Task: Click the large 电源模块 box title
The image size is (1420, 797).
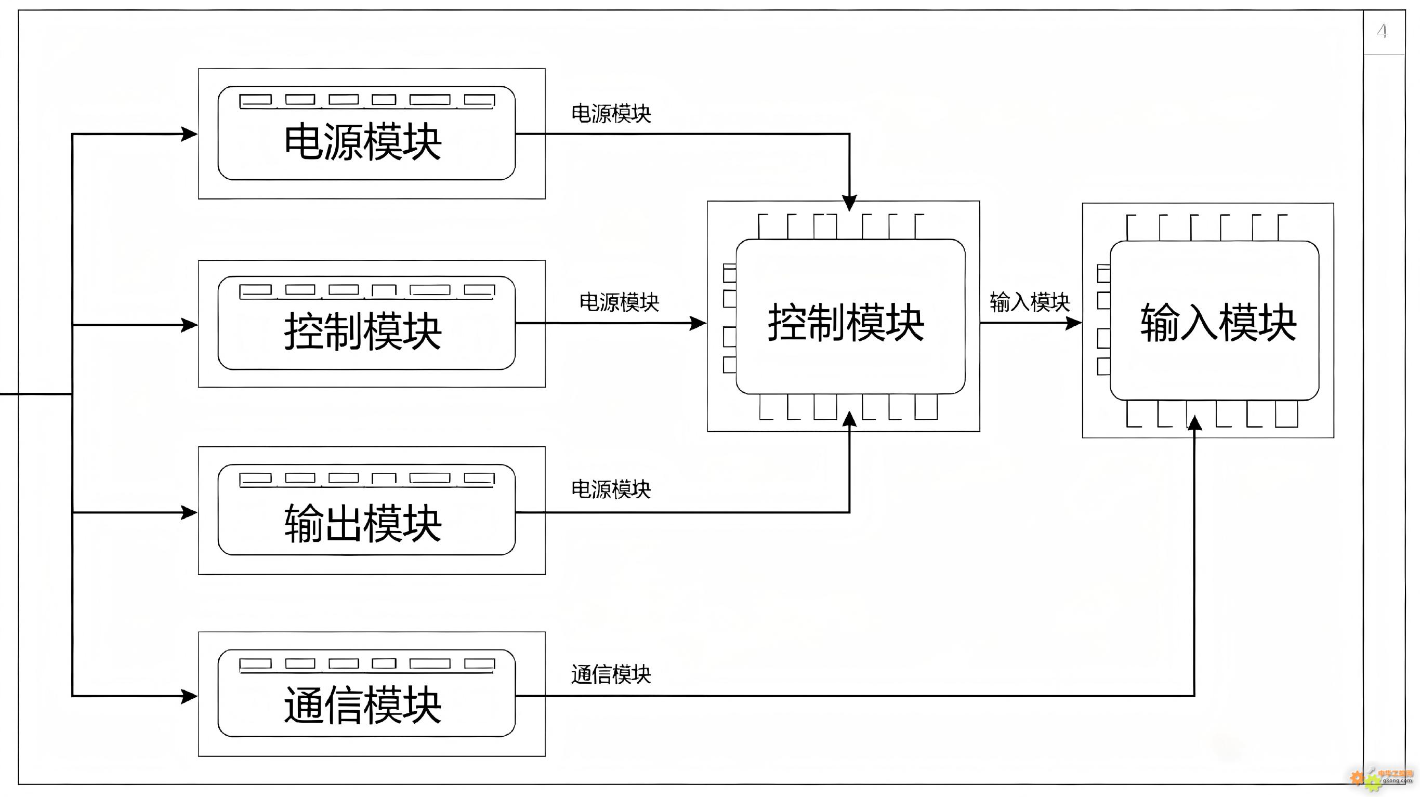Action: pyautogui.click(x=363, y=142)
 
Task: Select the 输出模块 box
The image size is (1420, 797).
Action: pyautogui.click(x=372, y=510)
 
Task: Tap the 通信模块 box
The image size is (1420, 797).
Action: pyautogui.click(x=372, y=694)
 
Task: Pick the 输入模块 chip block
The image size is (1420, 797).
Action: pyautogui.click(x=1208, y=320)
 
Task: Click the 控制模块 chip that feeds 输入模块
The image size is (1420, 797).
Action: pyautogui.click(x=844, y=316)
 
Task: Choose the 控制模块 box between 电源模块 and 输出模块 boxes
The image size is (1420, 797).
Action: pyautogui.click(x=372, y=324)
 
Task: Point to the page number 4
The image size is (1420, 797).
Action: pyautogui.click(x=1382, y=31)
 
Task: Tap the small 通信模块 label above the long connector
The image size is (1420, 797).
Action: pyautogui.click(x=611, y=674)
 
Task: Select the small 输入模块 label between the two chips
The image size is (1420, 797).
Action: pyautogui.click(x=1030, y=302)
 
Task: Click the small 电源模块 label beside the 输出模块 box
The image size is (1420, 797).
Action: pyautogui.click(x=611, y=489)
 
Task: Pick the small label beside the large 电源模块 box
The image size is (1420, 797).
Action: pyautogui.click(x=611, y=114)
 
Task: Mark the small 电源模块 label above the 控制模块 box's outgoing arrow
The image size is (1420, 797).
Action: pyautogui.click(x=619, y=302)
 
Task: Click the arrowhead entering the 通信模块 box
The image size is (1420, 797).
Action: pyautogui.click(x=189, y=696)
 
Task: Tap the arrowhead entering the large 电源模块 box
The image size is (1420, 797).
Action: pyautogui.click(x=189, y=134)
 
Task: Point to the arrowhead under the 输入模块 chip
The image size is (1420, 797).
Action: pyautogui.click(x=1194, y=423)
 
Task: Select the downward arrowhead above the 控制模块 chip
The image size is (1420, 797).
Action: pyautogui.click(x=849, y=203)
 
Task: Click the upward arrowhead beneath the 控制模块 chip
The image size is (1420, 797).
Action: pyautogui.click(x=849, y=419)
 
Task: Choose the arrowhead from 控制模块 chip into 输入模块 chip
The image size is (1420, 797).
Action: pyautogui.click(x=1073, y=323)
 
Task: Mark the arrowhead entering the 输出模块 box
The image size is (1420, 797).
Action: pyautogui.click(x=189, y=513)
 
